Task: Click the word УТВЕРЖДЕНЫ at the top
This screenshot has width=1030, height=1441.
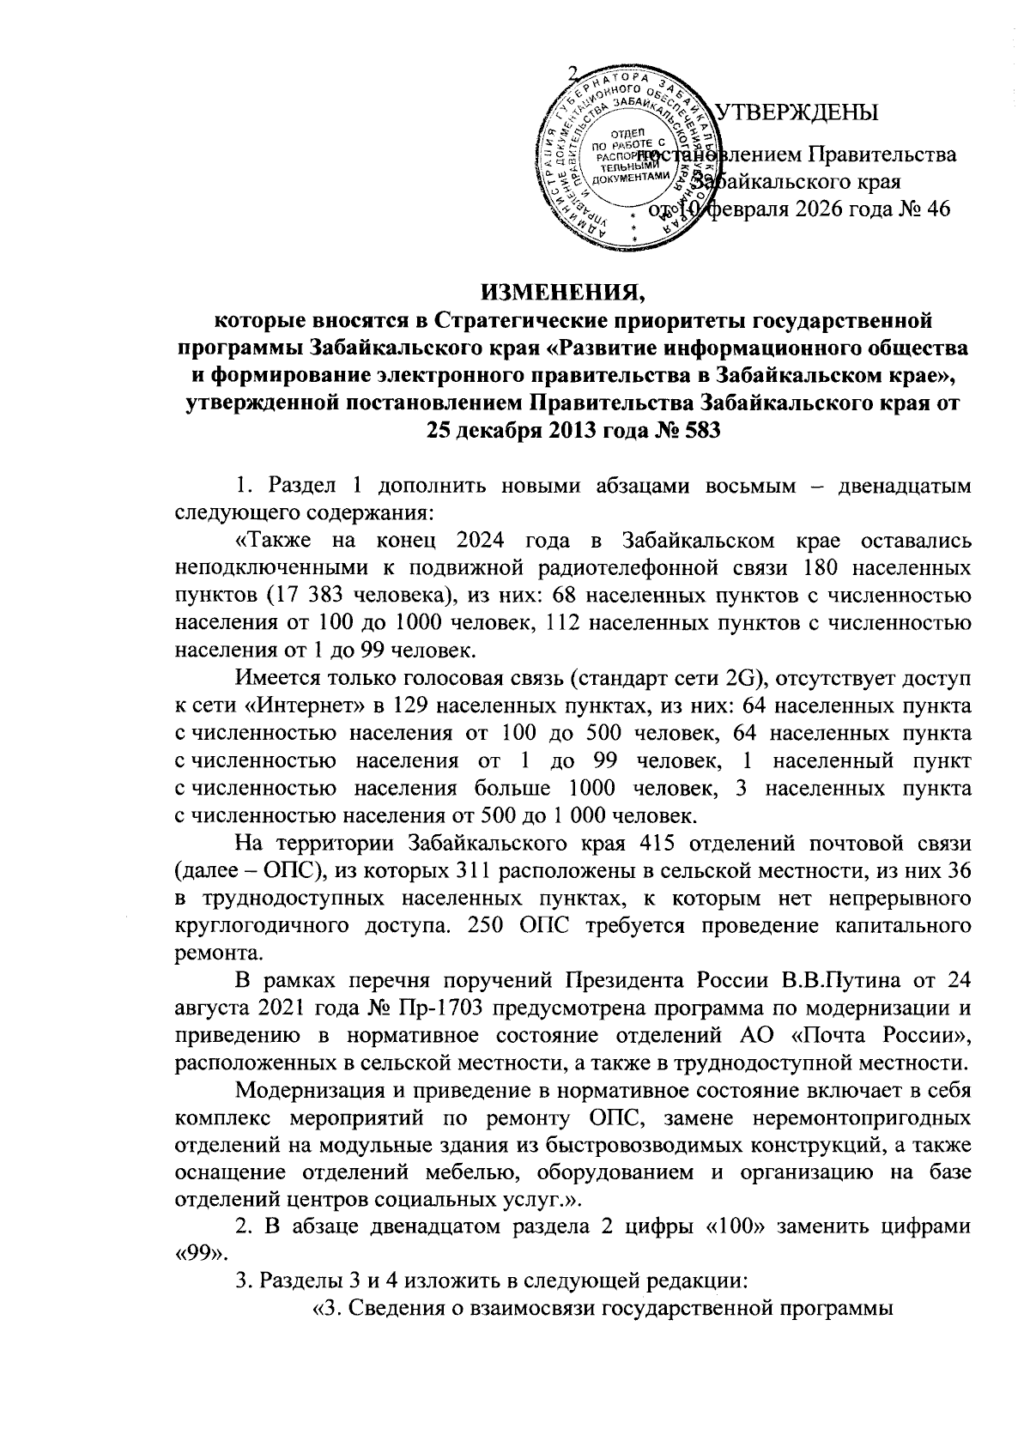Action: tap(797, 112)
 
